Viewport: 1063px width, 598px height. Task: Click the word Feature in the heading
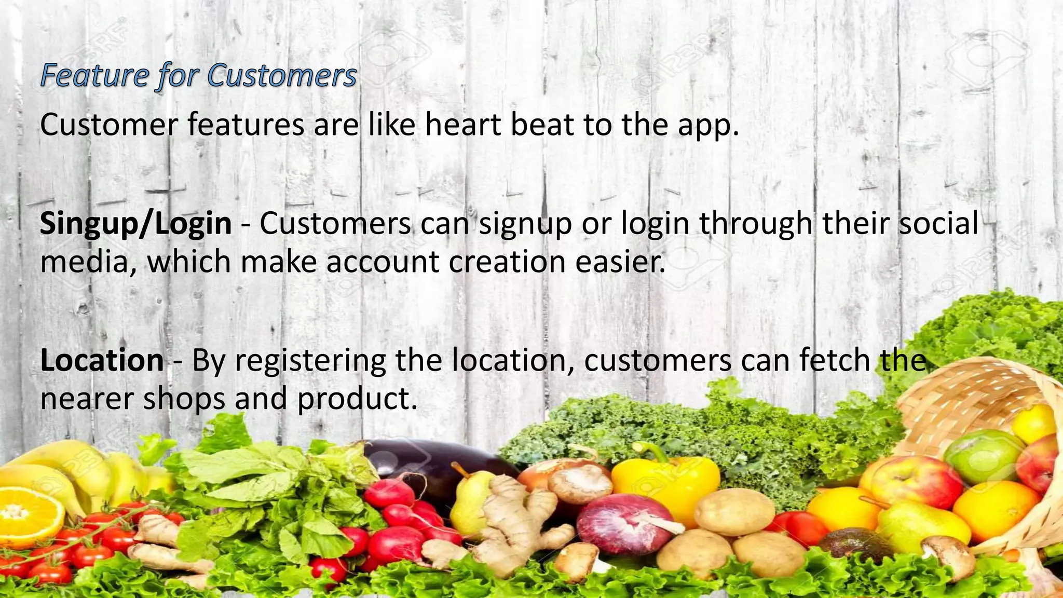click(95, 75)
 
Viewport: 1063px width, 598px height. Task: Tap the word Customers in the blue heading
click(282, 75)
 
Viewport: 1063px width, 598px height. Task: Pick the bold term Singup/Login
click(136, 224)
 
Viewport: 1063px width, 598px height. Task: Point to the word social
click(938, 224)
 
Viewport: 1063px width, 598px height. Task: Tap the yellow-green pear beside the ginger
click(470, 501)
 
